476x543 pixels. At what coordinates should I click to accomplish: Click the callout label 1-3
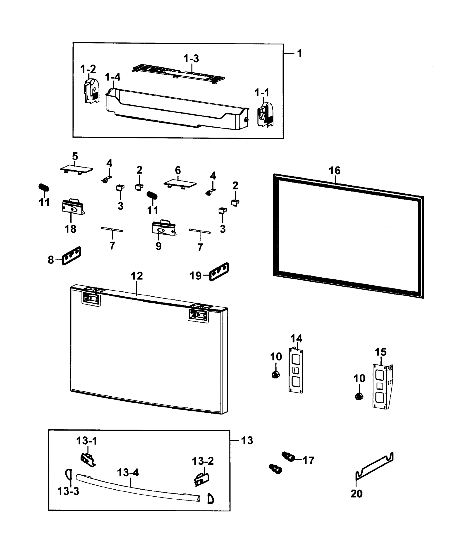[x=191, y=58]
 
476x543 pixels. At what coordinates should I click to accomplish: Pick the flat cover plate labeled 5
[x=77, y=169]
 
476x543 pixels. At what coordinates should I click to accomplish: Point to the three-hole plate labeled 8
[x=72, y=256]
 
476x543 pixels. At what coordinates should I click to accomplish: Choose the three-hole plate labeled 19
[x=219, y=272]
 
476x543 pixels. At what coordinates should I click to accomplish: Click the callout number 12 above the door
[x=137, y=276]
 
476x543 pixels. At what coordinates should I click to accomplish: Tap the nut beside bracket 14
[x=276, y=375]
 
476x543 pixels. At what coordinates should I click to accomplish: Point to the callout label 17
[x=308, y=460]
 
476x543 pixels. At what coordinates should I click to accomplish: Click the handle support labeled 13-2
[x=202, y=480]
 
